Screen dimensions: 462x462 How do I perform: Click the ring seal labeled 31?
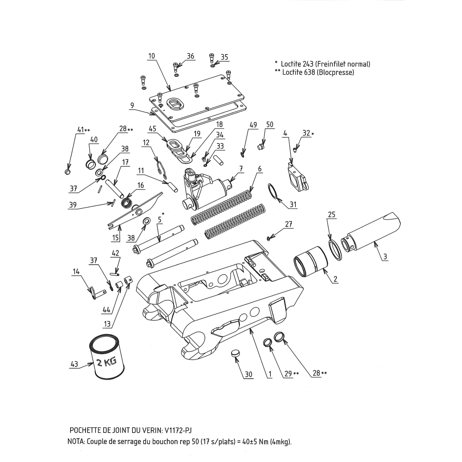[274, 191]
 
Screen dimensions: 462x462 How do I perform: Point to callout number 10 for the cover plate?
[151, 56]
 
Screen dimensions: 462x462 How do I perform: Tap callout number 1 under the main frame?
[270, 374]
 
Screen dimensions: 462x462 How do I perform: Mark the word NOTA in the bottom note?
[76, 442]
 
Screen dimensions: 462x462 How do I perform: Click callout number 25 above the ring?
[332, 214]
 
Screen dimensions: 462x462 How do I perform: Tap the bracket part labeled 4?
[296, 175]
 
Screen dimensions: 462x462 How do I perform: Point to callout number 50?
[270, 124]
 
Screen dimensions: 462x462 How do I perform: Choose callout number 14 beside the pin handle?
[75, 272]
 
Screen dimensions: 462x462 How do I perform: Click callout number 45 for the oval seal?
[152, 129]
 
